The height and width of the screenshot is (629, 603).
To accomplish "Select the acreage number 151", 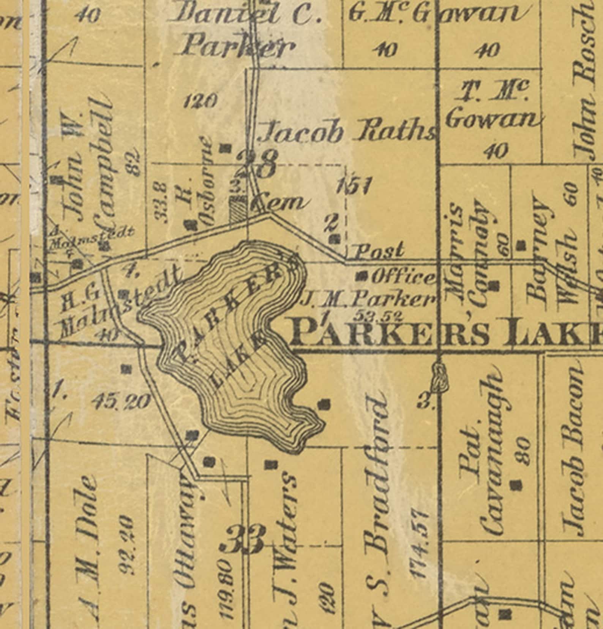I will point(353,186).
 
